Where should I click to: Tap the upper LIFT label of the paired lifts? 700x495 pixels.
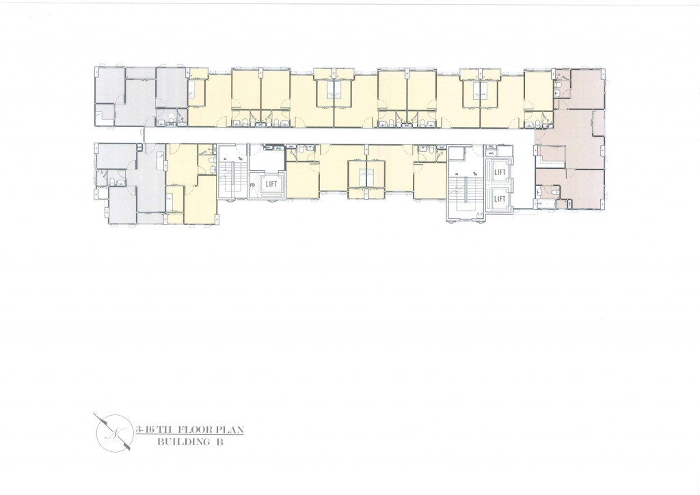[x=499, y=174]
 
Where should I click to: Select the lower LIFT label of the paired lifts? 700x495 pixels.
[x=499, y=199]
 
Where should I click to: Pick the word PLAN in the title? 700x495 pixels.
[x=228, y=430]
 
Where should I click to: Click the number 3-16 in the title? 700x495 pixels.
[x=146, y=430]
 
